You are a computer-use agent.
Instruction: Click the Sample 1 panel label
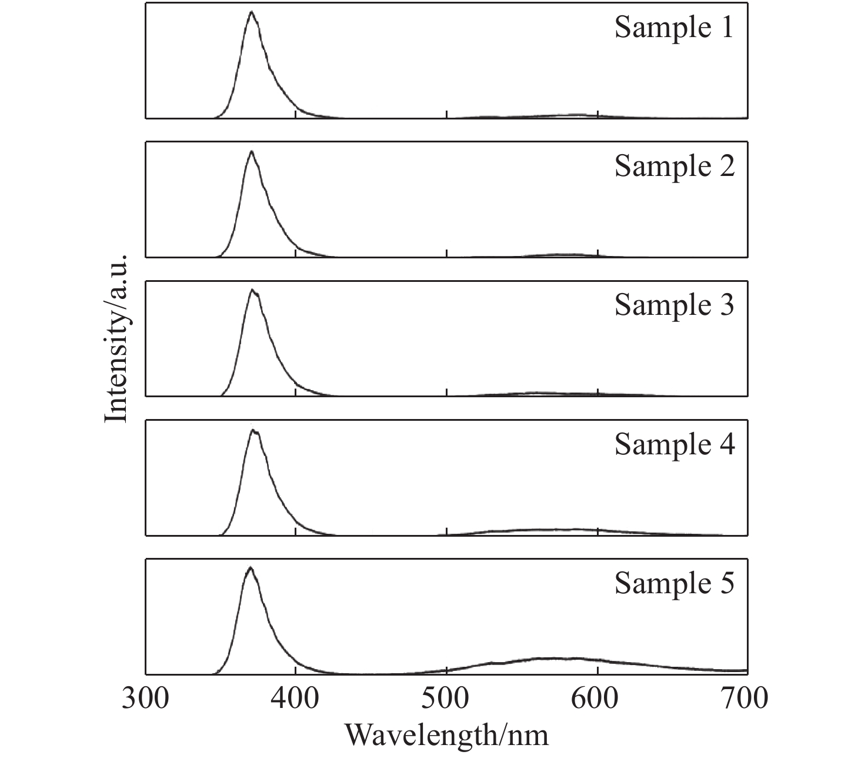675,28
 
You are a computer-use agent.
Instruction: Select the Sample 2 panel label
675,167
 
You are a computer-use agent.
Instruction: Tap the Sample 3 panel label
675,305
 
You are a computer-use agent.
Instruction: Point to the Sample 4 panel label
675,444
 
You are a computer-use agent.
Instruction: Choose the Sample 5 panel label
675,583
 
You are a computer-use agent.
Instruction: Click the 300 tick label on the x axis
146,699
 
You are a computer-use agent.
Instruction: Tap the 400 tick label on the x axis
296,699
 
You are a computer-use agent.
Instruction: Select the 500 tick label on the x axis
447,699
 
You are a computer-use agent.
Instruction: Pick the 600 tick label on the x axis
597,699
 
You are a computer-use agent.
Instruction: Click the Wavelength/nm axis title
446,736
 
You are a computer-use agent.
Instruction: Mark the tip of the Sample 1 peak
252,12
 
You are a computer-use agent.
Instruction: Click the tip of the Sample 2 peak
252,151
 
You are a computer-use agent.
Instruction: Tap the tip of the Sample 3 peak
252,290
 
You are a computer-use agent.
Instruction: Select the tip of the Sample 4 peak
253,430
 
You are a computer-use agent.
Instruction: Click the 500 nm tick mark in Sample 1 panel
447,114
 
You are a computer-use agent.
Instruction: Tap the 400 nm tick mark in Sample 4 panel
296,531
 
